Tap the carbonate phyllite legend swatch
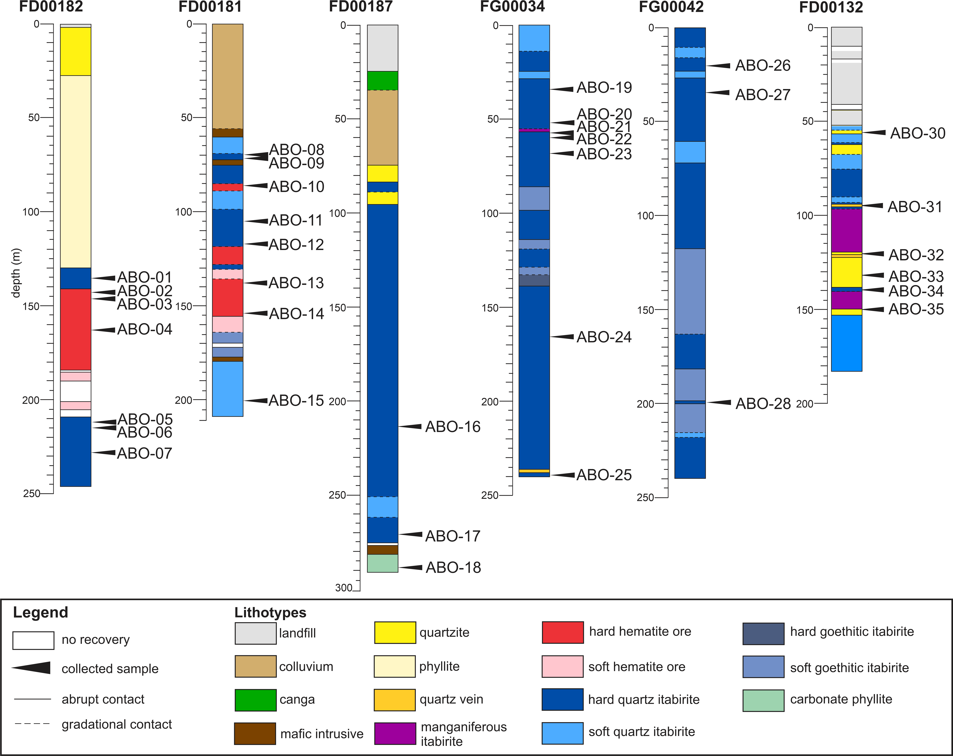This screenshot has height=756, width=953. pyautogui.click(x=763, y=700)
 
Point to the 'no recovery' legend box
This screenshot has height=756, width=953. pyautogui.click(x=34, y=640)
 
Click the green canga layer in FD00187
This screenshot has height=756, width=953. pyautogui.click(x=382, y=81)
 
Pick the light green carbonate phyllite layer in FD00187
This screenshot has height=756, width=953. pyautogui.click(x=382, y=563)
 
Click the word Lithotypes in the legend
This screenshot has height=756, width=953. pyautogui.click(x=270, y=613)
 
